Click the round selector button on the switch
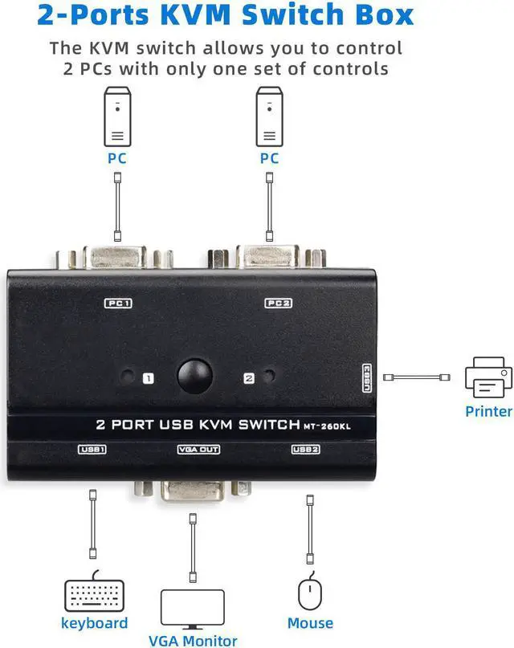[196, 377]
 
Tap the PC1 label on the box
[118, 304]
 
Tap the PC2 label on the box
[277, 304]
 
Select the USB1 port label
[92, 450]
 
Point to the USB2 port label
[306, 450]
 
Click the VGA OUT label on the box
[198, 450]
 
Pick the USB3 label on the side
[366, 377]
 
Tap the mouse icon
[310, 595]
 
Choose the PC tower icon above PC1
[117, 114]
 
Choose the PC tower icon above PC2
[270, 114]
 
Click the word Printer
[488, 411]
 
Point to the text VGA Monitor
[198, 640]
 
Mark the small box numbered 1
[148, 377]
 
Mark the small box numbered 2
[248, 377]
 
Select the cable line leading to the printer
[416, 377]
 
